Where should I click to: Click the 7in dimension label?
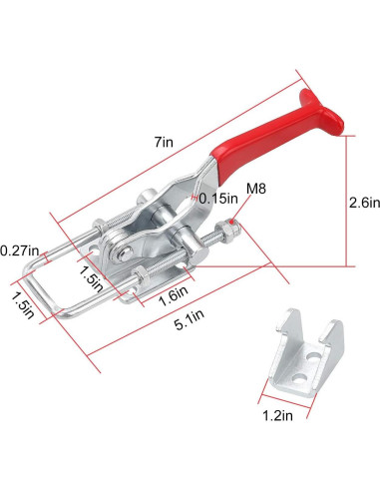tap(164, 142)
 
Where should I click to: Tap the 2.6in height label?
tap(364, 202)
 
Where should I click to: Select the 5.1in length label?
tap(190, 319)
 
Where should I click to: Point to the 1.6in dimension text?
tap(173, 295)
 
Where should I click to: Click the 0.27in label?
tap(19, 250)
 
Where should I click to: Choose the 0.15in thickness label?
tap(218, 199)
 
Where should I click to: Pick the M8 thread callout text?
tap(256, 189)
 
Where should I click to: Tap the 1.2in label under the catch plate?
tap(277, 415)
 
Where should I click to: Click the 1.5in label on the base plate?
tap(91, 278)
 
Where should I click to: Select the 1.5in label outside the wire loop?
tap(23, 305)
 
